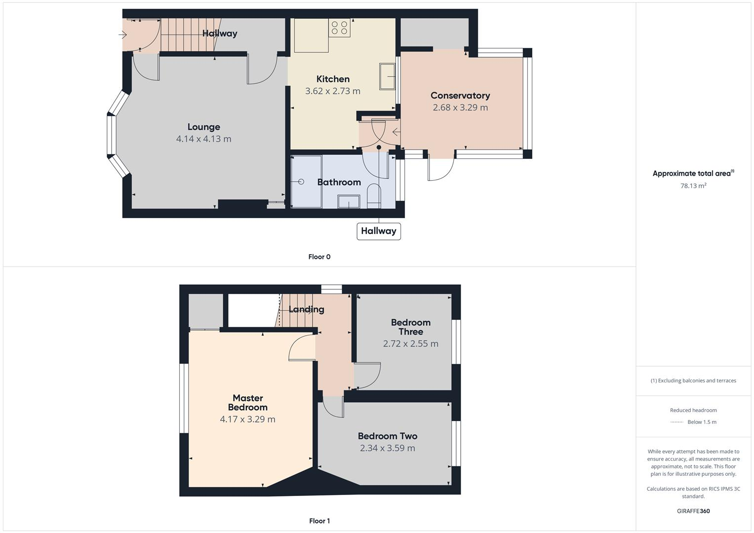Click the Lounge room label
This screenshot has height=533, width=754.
[x=203, y=127]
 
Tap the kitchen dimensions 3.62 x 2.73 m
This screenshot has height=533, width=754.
[x=332, y=91]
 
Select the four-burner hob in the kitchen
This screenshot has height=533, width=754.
[x=339, y=28]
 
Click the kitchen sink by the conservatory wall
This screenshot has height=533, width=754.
[x=387, y=76]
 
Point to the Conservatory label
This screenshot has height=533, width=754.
[x=460, y=95]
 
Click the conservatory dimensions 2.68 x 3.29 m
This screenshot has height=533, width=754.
[x=460, y=107]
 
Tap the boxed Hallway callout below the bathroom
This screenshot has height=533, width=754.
[x=378, y=231]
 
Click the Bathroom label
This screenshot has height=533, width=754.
[x=339, y=182]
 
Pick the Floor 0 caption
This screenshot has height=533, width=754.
[x=319, y=257]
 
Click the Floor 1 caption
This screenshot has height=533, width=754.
[x=319, y=521]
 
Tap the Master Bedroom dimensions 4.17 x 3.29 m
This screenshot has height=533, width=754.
[x=247, y=419]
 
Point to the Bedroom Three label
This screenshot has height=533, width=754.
[x=410, y=327]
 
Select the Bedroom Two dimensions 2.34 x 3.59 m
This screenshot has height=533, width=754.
[x=387, y=448]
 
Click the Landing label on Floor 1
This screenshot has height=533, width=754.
[x=306, y=309]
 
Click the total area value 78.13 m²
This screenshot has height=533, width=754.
[x=693, y=186]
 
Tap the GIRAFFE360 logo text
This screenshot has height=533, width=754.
[x=693, y=511]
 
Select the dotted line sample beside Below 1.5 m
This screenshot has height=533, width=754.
[x=676, y=422]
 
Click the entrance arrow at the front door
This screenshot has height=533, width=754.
[x=122, y=35]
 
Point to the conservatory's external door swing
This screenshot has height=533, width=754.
[x=441, y=169]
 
